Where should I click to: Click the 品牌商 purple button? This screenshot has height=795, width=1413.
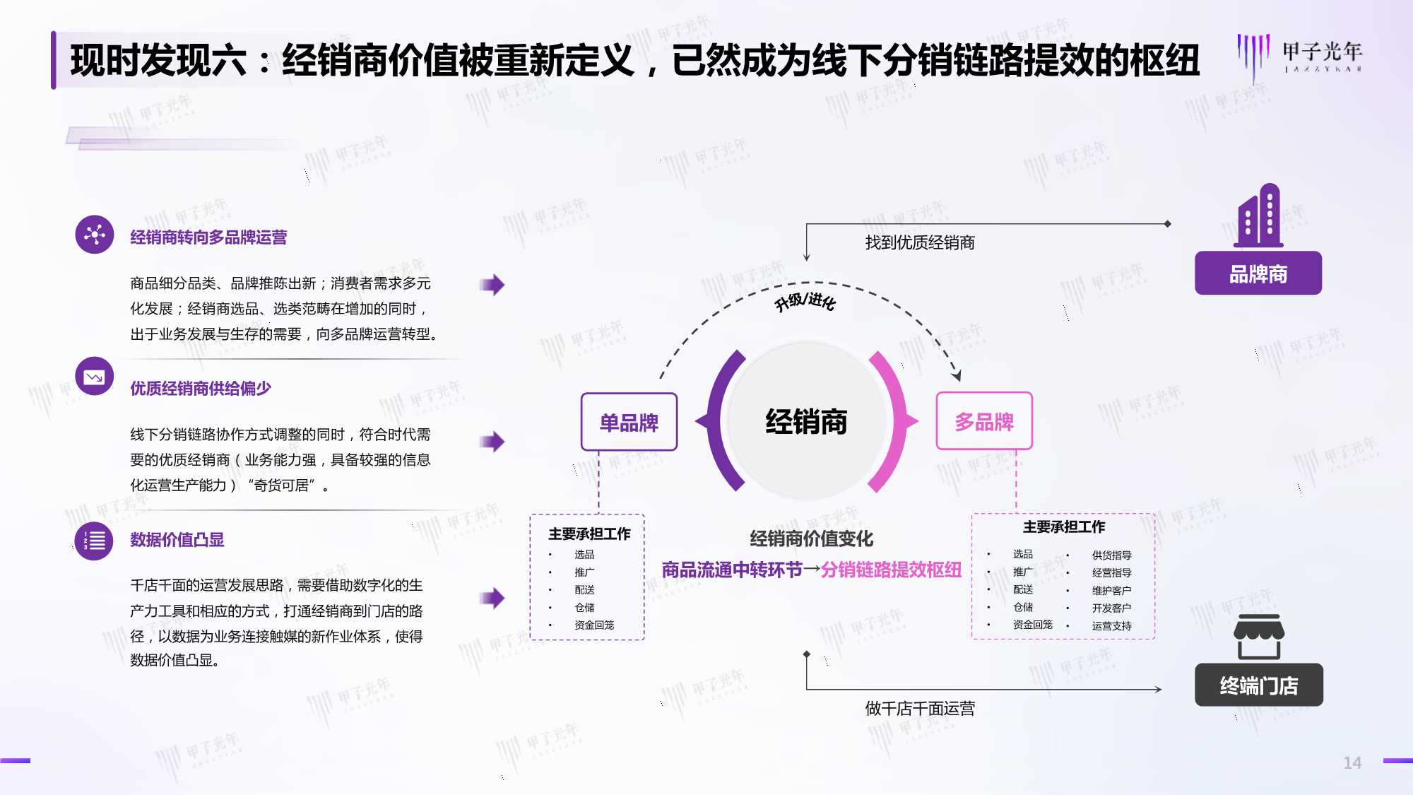tap(1258, 273)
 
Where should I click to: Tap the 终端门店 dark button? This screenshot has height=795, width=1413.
tap(1258, 685)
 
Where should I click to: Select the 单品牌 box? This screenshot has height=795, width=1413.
tap(629, 422)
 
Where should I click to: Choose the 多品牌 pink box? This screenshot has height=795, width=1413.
tap(984, 421)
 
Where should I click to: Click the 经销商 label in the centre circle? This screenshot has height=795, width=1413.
tap(806, 422)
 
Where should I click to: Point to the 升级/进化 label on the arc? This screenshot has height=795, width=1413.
tap(805, 302)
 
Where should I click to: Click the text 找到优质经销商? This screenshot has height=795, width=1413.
tap(920, 243)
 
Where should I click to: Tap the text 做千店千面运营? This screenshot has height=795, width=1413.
tap(920, 708)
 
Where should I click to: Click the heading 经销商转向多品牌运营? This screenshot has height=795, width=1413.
tap(208, 237)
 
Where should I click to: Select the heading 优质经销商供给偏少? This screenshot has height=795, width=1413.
tap(201, 389)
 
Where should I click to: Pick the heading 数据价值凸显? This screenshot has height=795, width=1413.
tap(177, 540)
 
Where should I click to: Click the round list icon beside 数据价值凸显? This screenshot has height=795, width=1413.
tap(94, 541)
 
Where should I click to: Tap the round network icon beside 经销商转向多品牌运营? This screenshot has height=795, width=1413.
tap(95, 234)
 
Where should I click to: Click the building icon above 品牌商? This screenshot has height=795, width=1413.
tap(1258, 216)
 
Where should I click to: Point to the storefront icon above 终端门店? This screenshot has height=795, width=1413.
tap(1259, 637)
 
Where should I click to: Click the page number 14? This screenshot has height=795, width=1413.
tap(1352, 762)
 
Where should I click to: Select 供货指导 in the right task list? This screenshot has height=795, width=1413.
tap(1111, 555)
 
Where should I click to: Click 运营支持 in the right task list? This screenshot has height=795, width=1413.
tap(1111, 626)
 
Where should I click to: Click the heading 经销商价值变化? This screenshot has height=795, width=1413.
tap(812, 539)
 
